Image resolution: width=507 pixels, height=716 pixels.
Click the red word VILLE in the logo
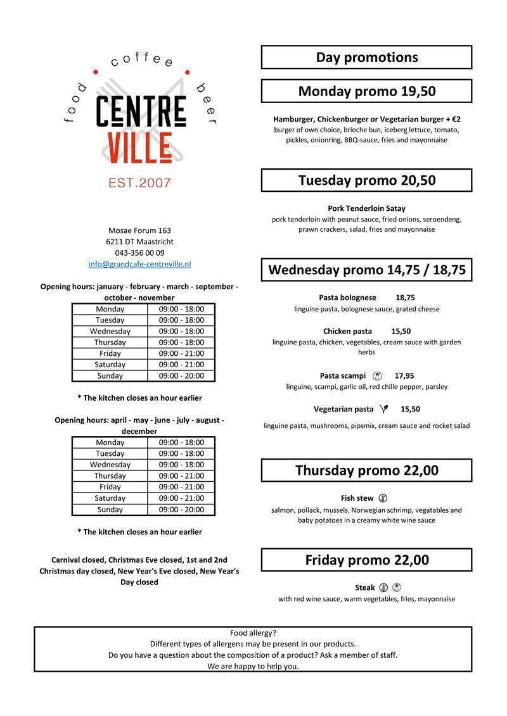[x=139, y=148]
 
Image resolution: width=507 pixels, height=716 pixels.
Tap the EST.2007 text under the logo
[x=139, y=183]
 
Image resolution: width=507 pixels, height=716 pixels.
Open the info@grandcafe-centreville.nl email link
[x=139, y=263]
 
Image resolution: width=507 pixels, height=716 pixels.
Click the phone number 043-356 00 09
[x=139, y=253]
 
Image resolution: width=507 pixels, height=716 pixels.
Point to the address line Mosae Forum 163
[x=139, y=230]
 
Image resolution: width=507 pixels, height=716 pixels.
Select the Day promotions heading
[x=366, y=58]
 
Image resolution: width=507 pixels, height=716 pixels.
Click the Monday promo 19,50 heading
[x=366, y=91]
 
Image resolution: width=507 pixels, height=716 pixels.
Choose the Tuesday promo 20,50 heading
[x=366, y=180]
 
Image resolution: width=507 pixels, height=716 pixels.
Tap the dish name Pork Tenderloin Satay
[x=366, y=208]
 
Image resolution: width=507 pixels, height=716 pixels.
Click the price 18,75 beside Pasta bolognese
[x=405, y=298]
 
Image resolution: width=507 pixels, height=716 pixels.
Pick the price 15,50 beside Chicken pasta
[x=401, y=331]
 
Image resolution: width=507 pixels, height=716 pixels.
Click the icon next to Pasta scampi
[x=378, y=375]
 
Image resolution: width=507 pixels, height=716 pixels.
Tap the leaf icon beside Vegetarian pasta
[x=383, y=409]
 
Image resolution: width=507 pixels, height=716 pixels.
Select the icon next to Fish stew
[x=383, y=498]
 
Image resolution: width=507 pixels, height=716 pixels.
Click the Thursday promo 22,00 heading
[x=366, y=470]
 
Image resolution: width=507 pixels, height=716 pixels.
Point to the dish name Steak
[x=365, y=587]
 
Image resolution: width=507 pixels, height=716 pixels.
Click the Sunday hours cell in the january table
[x=181, y=376]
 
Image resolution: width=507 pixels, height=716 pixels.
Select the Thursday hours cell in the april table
[x=181, y=476]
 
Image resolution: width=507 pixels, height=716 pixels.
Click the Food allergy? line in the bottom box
[x=253, y=633]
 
